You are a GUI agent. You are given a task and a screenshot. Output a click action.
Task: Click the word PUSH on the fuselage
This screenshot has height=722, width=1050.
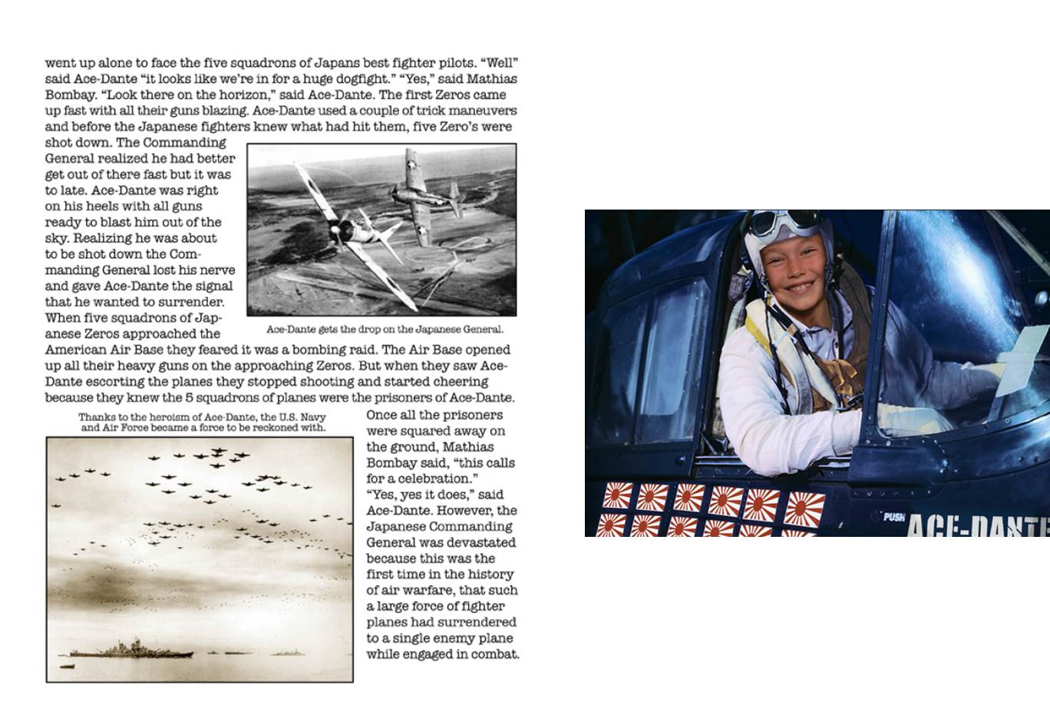(x=893, y=517)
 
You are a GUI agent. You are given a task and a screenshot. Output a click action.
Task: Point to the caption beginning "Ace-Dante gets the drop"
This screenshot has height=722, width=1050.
(x=385, y=330)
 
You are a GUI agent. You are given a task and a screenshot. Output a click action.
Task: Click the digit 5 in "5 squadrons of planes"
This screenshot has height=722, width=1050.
(x=189, y=398)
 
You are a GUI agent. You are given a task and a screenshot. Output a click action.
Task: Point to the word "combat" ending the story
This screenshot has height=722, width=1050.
(x=497, y=654)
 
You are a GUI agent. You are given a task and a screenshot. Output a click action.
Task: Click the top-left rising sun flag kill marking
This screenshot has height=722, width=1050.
(x=617, y=495)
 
